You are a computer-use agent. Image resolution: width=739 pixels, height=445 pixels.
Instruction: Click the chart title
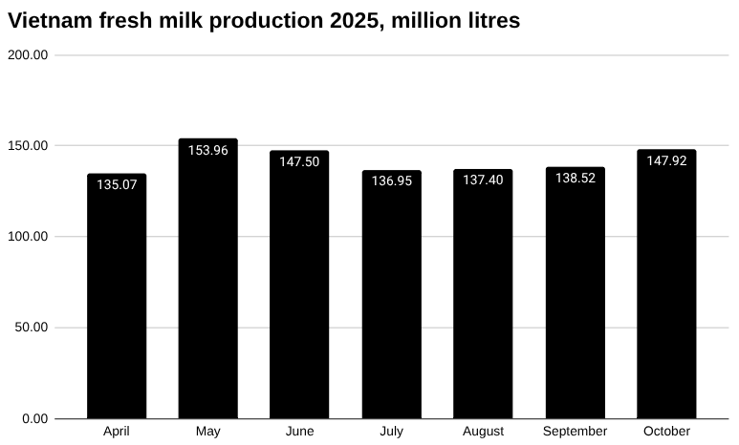(264, 20)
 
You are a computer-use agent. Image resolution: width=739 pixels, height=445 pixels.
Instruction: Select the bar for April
(117, 296)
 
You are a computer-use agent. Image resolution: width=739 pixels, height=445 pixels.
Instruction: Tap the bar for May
(208, 286)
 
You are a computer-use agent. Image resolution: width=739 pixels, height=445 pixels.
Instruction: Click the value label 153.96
(208, 151)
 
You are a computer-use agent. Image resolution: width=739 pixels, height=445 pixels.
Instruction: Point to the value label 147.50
(299, 162)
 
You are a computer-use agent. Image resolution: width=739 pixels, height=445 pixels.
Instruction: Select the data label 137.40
(483, 180)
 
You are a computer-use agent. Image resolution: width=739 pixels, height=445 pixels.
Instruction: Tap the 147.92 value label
(666, 161)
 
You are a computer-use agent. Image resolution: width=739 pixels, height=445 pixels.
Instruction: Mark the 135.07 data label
(117, 184)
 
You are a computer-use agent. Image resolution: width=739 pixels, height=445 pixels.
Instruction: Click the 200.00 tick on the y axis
(28, 55)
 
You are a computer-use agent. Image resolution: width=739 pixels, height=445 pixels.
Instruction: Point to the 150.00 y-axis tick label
(28, 146)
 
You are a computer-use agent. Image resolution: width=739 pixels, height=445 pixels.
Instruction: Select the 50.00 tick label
(31, 328)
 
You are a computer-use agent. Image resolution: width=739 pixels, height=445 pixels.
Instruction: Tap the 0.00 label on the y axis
(34, 418)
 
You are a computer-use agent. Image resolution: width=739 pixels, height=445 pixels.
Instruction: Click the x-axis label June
(299, 432)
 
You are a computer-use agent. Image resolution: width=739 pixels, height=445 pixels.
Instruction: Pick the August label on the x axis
(483, 432)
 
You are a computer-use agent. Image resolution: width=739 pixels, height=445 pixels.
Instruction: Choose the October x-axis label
(666, 432)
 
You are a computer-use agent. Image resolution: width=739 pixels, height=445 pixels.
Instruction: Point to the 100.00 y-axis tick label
(28, 237)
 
